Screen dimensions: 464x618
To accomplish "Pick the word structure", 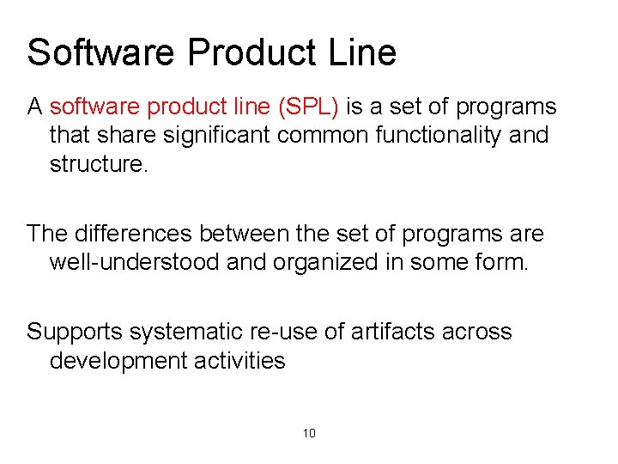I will [x=99, y=164].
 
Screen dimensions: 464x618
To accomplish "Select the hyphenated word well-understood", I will [x=135, y=262].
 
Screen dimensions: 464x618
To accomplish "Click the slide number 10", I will [x=309, y=433].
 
